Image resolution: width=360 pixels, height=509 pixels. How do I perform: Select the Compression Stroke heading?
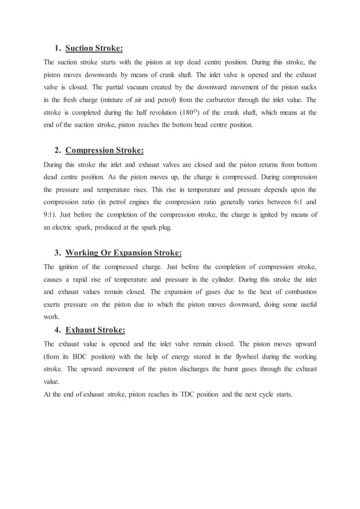pos(104,150)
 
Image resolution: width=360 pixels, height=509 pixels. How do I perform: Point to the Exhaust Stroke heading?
pos(95,330)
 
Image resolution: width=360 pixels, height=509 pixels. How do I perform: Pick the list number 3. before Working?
pos(58,252)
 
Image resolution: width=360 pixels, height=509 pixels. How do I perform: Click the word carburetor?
pos(200,99)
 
